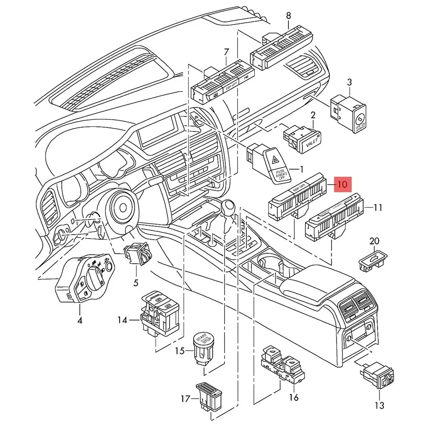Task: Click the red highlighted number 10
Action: coord(343,184)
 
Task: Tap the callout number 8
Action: coord(288,16)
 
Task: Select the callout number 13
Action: coord(379,405)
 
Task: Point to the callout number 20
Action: coord(374,242)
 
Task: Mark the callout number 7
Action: coord(226,53)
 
